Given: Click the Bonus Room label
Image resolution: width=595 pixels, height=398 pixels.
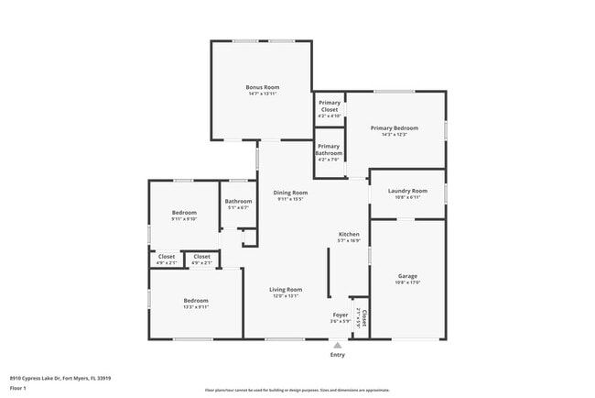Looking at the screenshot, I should coord(261,86).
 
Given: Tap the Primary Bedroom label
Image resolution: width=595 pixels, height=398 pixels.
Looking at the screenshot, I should coord(395,127).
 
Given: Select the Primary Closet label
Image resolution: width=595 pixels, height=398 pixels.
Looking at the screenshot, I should coord(329,105).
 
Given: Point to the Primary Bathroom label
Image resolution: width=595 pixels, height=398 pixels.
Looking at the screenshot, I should coord(329,149).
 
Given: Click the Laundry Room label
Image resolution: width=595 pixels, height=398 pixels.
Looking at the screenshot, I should coord(407,190).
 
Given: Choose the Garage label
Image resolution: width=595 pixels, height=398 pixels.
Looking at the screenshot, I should coord(407,275).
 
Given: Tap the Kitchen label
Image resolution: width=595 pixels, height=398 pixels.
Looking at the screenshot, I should coord(349,234).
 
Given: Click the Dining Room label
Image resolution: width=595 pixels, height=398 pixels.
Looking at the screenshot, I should coord(290,193).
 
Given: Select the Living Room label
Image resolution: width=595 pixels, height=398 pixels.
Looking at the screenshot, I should coord(286,289).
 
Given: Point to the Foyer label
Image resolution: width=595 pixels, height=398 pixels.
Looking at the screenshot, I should coord(340,315).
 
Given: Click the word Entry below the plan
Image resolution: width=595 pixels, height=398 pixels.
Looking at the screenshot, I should coord(338,354).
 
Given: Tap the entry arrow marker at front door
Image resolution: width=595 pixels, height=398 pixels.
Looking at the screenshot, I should coord(338,345).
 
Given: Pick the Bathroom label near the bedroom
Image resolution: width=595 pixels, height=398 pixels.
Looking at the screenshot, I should coord(239,201).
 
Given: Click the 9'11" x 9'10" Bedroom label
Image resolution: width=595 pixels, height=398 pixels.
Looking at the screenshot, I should coord(184,212).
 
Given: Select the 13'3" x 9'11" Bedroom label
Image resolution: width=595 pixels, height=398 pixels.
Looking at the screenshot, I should coord(196,300).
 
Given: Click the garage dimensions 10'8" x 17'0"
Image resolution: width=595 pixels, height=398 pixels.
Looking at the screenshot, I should coord(407,282).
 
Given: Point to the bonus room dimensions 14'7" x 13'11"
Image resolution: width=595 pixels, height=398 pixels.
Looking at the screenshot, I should coord(261,94).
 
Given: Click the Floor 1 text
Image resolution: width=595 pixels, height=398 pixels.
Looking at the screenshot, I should coord(18,388).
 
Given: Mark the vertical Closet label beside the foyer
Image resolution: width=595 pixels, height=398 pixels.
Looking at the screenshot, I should coord(363,318).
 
